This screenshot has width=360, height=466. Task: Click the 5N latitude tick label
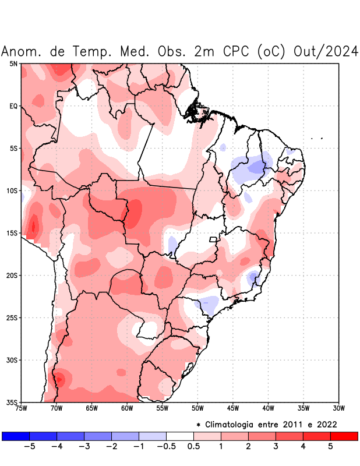[13, 63]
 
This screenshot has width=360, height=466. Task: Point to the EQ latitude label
[13, 106]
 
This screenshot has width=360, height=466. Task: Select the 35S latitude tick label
[12, 402]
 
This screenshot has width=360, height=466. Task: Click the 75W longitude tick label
[21, 408]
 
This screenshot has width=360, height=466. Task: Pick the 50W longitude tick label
[197, 408]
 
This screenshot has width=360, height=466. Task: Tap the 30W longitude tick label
[338, 408]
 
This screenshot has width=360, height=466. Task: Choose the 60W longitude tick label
[126, 408]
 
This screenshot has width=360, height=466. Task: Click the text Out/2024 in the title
[326, 51]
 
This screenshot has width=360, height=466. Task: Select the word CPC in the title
[236, 51]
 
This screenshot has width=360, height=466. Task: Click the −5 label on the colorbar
[29, 447]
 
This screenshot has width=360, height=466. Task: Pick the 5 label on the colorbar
[330, 447]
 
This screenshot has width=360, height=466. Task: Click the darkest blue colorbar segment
[16, 436]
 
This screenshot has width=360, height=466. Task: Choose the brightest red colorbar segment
[344, 436]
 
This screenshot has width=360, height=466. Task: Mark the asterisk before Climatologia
[198, 424]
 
